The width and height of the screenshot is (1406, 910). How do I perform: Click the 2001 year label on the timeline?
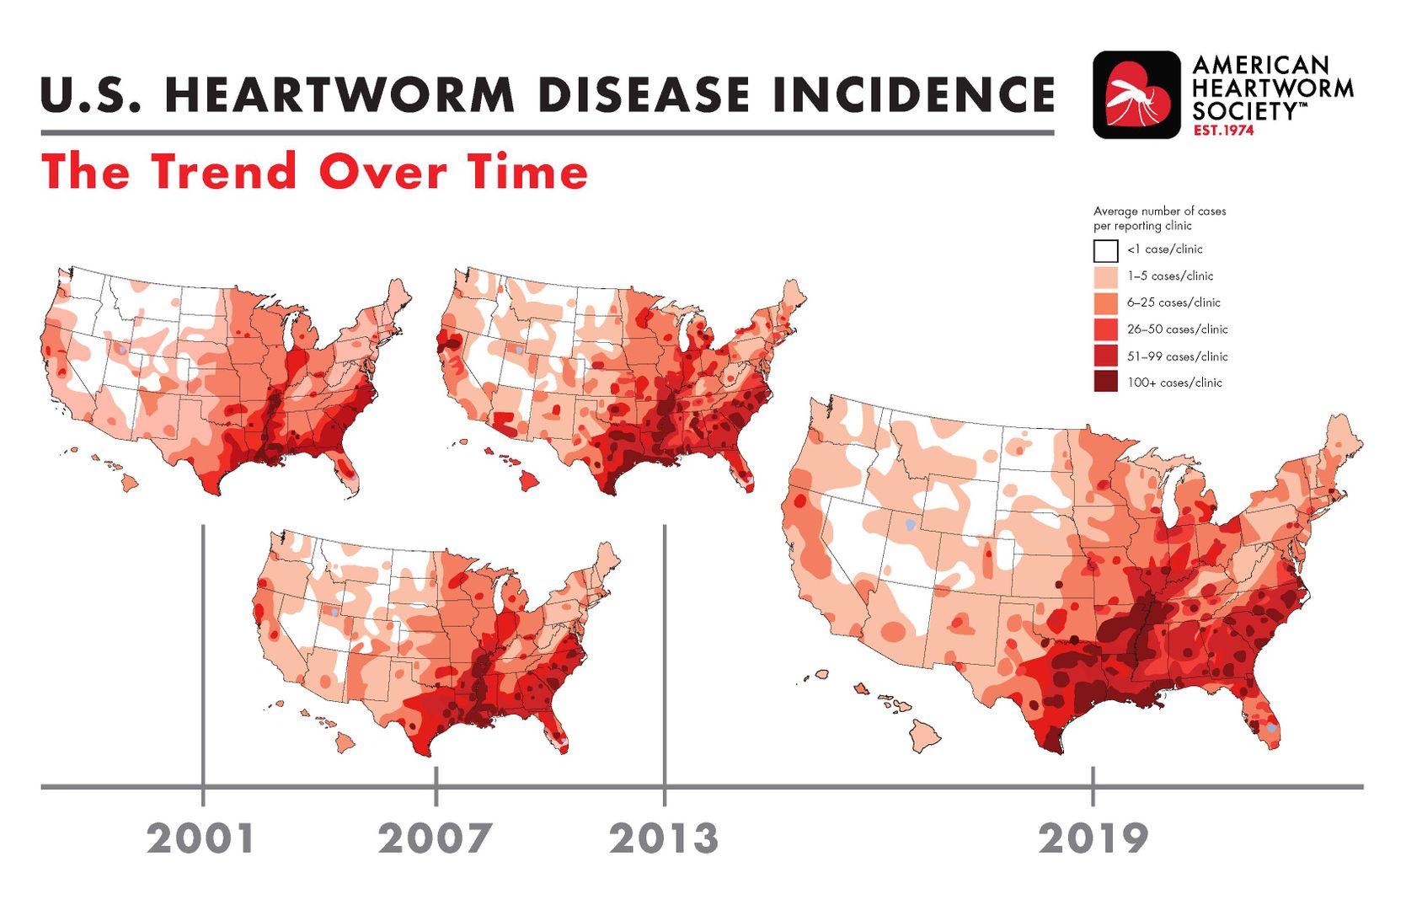click(200, 839)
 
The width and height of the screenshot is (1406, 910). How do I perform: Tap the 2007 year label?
click(435, 839)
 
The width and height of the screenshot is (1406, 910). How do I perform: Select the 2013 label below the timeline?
click(664, 839)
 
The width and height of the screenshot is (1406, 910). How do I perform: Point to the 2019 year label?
click(1093, 839)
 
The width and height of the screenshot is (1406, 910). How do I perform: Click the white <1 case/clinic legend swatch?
click(1105, 250)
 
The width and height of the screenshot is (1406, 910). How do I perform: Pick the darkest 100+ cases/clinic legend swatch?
click(1105, 383)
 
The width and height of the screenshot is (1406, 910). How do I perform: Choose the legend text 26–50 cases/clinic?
click(1178, 329)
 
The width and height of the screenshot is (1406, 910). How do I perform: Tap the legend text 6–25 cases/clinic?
click(1173, 302)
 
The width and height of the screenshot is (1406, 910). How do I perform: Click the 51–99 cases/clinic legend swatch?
click(1105, 356)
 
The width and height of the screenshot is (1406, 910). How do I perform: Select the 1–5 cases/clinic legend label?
click(1170, 276)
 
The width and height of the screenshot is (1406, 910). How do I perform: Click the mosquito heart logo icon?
click(1136, 95)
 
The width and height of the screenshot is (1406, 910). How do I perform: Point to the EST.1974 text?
click(1223, 131)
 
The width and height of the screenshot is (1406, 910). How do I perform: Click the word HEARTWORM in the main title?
click(339, 95)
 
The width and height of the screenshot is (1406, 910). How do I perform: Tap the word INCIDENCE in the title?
click(913, 95)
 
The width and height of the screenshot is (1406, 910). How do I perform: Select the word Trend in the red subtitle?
click(223, 171)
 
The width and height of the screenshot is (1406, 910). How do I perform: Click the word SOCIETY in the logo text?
click(1245, 112)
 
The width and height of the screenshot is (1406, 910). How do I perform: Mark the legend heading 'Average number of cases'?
click(1159, 211)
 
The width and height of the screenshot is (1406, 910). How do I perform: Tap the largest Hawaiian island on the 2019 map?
click(925, 736)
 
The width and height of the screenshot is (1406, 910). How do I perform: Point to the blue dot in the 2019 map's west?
click(911, 522)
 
